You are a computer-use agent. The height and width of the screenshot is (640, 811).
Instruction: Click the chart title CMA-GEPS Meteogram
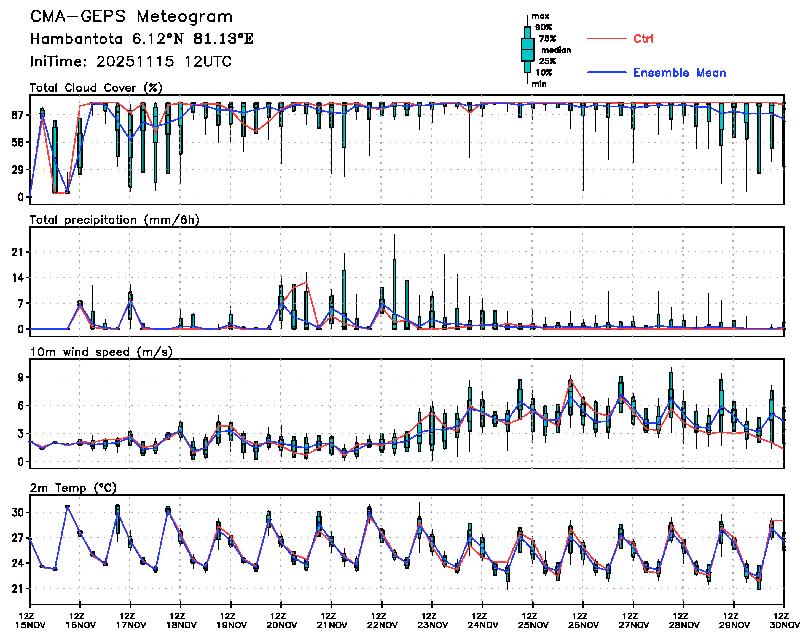[x=131, y=17]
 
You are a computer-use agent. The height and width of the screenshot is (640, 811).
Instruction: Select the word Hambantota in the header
[x=76, y=39]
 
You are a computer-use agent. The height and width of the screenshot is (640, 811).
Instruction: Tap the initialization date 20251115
[x=135, y=61]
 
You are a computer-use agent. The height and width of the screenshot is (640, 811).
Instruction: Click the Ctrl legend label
[x=643, y=39]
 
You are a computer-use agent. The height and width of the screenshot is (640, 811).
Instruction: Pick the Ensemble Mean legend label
[x=679, y=73]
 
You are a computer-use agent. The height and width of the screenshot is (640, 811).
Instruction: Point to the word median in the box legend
[x=556, y=50]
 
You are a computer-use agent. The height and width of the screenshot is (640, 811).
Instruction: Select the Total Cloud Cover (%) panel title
[x=96, y=88]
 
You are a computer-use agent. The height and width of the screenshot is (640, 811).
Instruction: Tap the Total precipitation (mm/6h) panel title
[x=114, y=220]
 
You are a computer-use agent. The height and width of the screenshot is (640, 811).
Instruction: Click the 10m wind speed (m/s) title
[x=101, y=352]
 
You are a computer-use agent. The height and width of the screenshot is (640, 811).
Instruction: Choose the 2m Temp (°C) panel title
[x=73, y=488]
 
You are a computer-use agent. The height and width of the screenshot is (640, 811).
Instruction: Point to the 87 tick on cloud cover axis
[x=18, y=115]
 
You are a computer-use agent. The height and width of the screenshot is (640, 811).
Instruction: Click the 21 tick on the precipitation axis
[x=18, y=252]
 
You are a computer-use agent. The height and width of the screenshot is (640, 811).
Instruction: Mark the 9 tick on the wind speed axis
[x=21, y=377]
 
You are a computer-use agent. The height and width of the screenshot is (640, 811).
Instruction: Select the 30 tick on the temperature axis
[x=18, y=512]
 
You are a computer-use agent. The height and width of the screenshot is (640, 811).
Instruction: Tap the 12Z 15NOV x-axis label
[x=30, y=620]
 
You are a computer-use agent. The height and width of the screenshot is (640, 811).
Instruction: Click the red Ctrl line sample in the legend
[x=606, y=39]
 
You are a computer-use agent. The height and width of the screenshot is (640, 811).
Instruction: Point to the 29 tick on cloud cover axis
[x=18, y=170]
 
